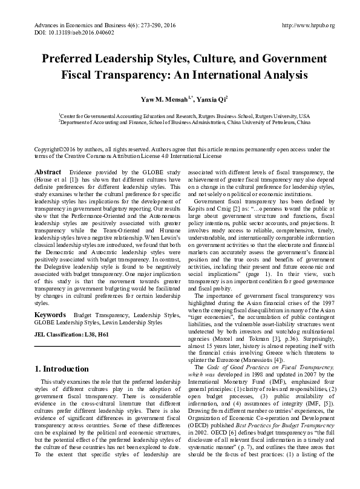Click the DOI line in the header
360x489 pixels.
point(59,34)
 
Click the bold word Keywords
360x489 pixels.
point(50,315)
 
